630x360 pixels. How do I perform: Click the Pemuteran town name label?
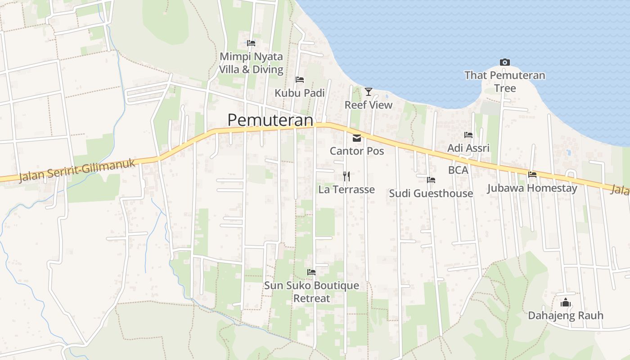point(270,120)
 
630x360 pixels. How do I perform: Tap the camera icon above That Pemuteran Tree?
point(504,63)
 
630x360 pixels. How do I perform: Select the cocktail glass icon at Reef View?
point(369,92)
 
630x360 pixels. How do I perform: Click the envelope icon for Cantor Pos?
point(357,138)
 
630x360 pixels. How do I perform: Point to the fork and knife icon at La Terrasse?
point(346,176)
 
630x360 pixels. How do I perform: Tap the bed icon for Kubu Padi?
point(300,80)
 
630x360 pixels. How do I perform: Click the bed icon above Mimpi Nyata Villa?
point(251,43)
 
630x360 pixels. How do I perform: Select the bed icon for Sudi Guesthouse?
point(431,180)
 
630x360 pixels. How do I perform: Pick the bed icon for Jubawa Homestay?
point(532,174)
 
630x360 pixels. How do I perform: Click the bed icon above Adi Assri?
point(468,135)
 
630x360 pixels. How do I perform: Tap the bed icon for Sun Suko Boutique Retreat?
point(311,272)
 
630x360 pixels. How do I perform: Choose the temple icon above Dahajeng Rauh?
point(566,302)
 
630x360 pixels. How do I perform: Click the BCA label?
point(458,170)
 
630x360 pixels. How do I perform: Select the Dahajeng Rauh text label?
point(566,315)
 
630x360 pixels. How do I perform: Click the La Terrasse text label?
point(346,189)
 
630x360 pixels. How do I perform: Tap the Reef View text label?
point(369,105)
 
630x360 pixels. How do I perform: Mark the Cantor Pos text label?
point(357,151)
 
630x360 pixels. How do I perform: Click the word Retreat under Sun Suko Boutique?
point(311,298)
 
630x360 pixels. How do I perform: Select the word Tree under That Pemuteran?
point(505,88)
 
